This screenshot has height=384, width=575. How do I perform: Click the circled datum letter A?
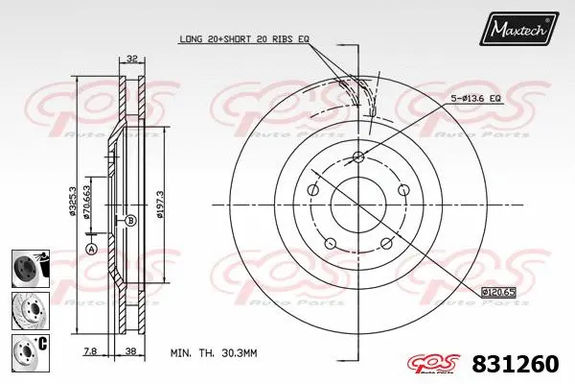tap(91, 249)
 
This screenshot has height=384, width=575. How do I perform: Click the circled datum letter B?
tap(130, 220)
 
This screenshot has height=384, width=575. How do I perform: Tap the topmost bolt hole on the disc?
tap(358, 157)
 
